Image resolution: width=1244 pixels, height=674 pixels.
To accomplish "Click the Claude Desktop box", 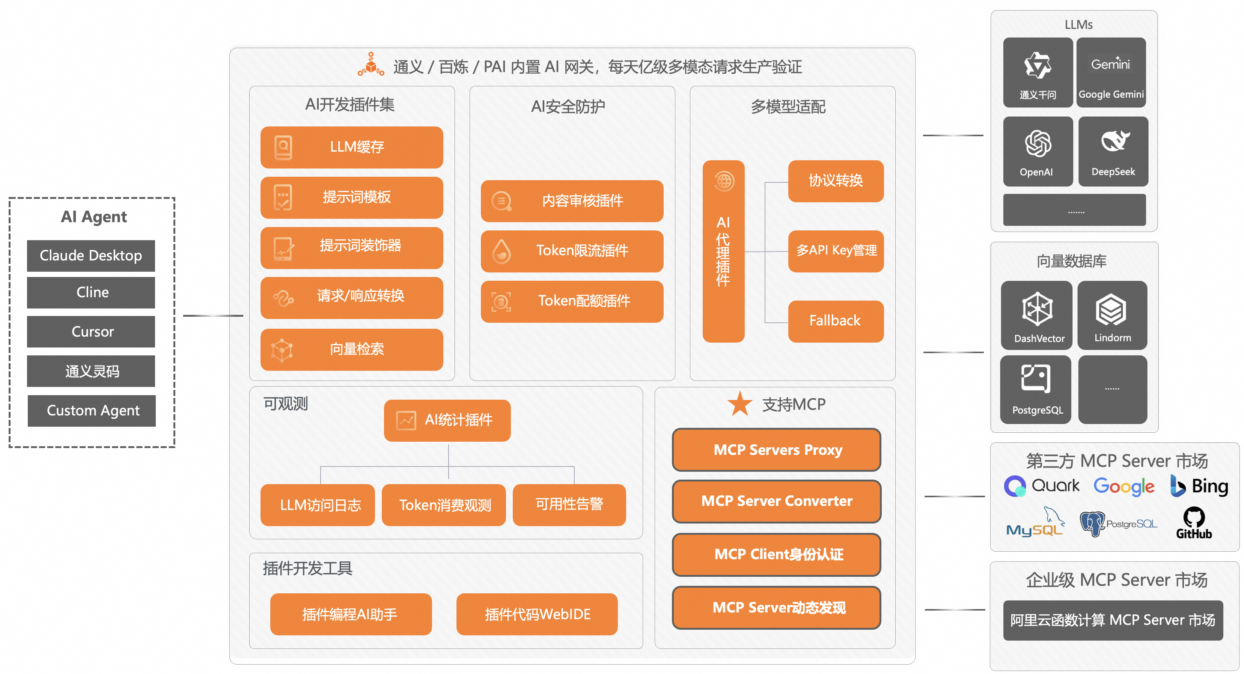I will coord(91,256).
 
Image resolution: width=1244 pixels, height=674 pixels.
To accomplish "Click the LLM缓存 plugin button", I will coord(352,147).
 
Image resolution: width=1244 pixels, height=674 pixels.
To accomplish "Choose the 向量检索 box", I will coord(352,349).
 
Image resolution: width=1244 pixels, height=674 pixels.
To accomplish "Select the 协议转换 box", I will coord(836,181).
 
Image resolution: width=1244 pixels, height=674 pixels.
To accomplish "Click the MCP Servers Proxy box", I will coord(777,450).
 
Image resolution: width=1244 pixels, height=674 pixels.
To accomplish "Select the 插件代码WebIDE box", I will coord(537,614).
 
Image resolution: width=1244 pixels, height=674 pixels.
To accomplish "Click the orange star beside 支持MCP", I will coord(740,404).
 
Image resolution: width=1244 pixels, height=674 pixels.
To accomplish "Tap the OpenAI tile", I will coord(1037,152).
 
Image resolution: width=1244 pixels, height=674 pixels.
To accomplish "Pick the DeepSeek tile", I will coord(1113,152).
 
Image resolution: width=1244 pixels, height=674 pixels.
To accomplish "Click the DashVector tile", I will coord(1037,315).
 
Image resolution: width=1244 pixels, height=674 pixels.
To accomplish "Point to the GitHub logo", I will coord(1194,523).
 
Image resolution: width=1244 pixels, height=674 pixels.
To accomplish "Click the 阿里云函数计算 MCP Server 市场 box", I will coord(1113,620).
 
